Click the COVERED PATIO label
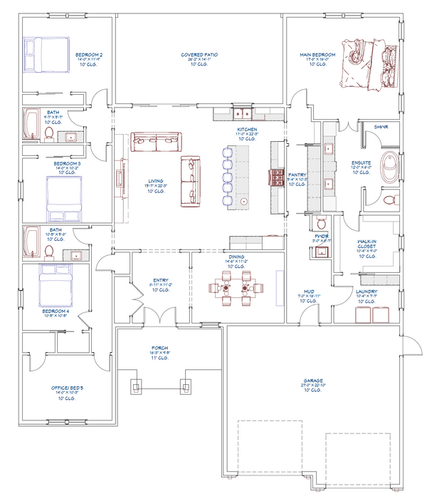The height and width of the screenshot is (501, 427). pyautogui.click(x=199, y=54)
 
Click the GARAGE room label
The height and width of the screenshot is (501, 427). pyautogui.click(x=312, y=381)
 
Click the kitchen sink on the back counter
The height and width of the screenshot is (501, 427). pyautogui.click(x=242, y=113)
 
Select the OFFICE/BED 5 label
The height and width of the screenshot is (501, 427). pyautogui.click(x=67, y=388)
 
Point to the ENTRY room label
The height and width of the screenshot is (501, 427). pyautogui.click(x=160, y=281)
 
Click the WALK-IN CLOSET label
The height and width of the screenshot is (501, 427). pyautogui.click(x=371, y=244)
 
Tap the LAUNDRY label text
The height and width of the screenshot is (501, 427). pyautogui.click(x=367, y=290)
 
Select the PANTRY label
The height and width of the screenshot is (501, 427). pyautogui.click(x=297, y=174)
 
